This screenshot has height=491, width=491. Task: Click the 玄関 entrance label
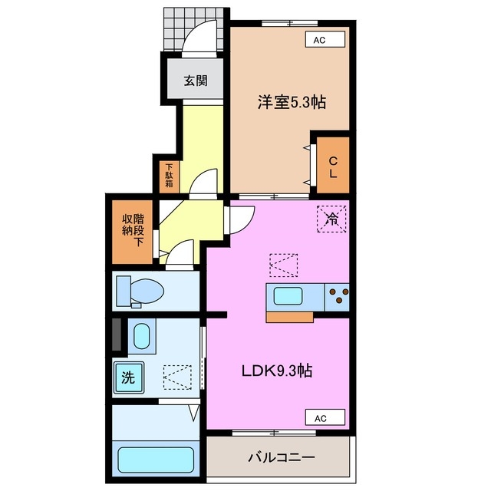point(196,81)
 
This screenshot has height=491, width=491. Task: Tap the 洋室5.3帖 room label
point(292,102)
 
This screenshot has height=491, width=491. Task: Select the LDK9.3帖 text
point(277,371)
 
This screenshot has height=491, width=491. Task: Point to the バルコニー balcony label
point(282,458)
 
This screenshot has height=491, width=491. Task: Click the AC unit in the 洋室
point(325,40)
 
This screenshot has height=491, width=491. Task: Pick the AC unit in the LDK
point(325,417)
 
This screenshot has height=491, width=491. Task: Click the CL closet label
point(333,167)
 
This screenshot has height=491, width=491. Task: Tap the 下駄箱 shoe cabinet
point(170,176)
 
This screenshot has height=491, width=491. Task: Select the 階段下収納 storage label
point(133,230)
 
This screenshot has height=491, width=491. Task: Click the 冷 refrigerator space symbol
point(331,219)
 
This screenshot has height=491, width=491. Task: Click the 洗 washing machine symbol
point(129,377)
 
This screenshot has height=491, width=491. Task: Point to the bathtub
point(156,460)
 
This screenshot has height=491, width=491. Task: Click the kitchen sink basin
point(288,296)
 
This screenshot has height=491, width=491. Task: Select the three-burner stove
point(338,297)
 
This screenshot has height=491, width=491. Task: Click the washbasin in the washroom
point(141,336)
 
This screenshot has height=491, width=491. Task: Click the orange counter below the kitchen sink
point(290,317)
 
